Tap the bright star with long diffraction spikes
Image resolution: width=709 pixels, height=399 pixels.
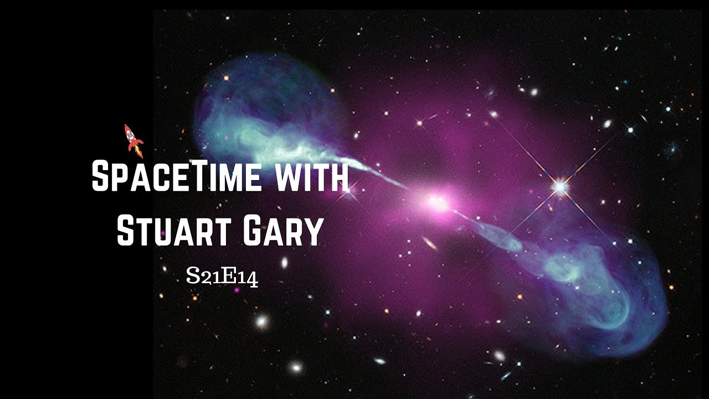(560, 187)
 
